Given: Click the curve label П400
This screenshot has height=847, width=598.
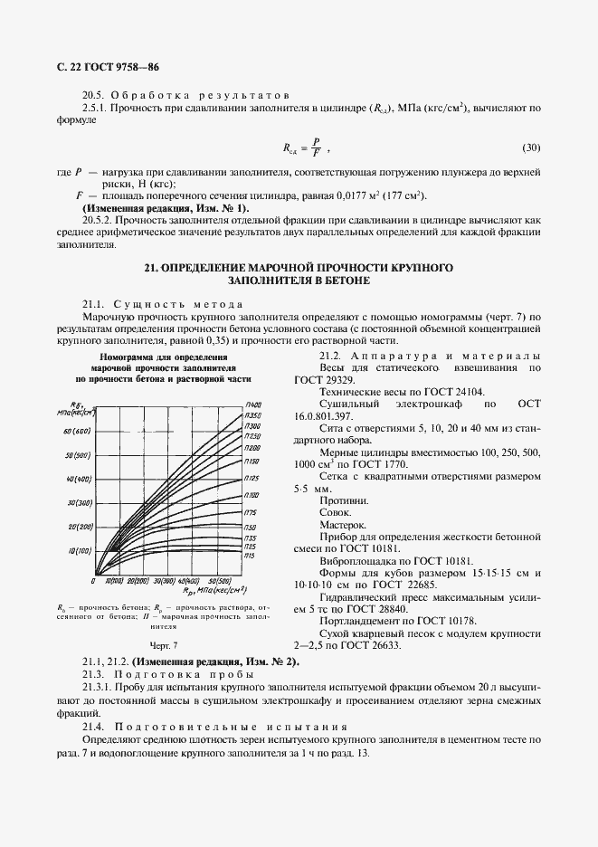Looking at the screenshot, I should click(253, 404).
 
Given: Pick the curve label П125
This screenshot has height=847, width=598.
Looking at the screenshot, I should click(252, 477).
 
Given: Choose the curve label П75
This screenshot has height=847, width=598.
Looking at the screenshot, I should click(251, 512).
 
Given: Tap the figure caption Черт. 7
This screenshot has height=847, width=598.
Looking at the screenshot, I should click(163, 645).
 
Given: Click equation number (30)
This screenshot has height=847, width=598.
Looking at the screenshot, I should click(531, 147).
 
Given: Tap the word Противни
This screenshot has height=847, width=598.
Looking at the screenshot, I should click(343, 500).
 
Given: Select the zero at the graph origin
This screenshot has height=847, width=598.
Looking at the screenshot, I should click(93, 580).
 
